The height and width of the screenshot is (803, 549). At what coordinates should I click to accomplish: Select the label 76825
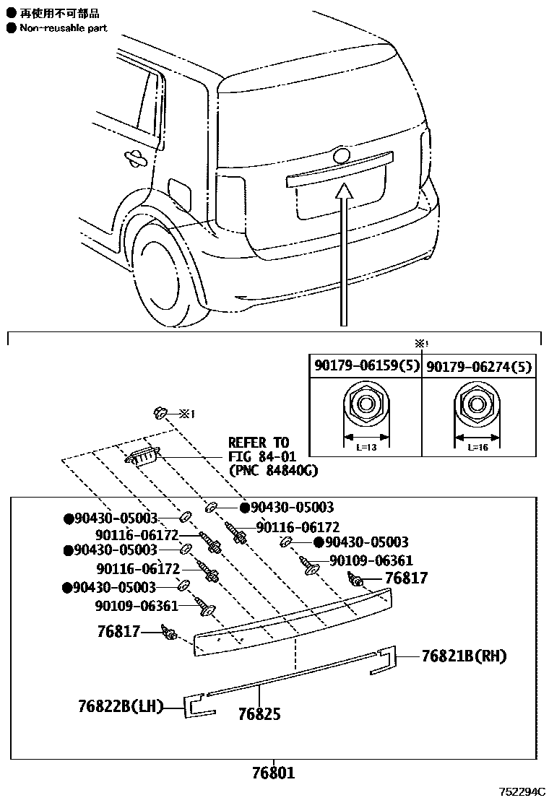[x=259, y=714]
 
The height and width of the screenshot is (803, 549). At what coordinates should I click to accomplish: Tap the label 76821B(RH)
[x=464, y=656]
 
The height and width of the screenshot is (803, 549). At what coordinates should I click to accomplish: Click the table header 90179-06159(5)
[x=366, y=367]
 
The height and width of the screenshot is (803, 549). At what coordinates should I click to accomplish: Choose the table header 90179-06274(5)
[x=478, y=367]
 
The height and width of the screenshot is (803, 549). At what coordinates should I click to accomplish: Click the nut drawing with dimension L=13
[x=366, y=407]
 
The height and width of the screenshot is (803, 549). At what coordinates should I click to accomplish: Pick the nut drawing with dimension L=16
[x=476, y=407]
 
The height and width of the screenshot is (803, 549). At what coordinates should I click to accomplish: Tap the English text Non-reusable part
[x=64, y=28]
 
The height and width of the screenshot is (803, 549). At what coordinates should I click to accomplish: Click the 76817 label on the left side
[x=118, y=631]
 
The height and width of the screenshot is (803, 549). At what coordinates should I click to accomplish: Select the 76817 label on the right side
[x=406, y=578]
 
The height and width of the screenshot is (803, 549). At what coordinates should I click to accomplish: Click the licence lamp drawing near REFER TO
[x=142, y=456]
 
